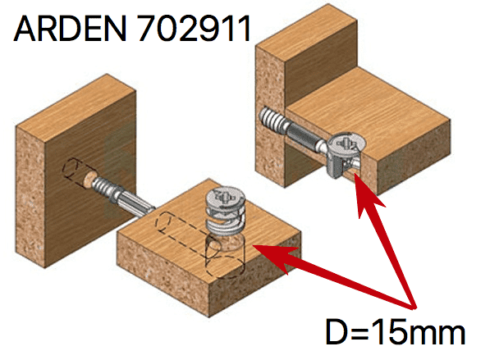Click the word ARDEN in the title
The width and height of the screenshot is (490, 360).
[70, 29]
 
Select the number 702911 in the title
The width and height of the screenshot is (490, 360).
[194, 29]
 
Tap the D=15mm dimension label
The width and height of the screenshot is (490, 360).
[396, 331]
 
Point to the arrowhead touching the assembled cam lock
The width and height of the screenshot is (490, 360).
[367, 194]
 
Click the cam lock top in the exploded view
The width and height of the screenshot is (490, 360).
[226, 198]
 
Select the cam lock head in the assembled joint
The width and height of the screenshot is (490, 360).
[347, 144]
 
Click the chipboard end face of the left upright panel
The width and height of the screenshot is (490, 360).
[30, 197]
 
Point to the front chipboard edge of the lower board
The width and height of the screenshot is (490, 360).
[163, 281]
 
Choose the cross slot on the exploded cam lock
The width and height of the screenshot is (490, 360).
[226, 197]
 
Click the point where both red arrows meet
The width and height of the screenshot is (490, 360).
[414, 308]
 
